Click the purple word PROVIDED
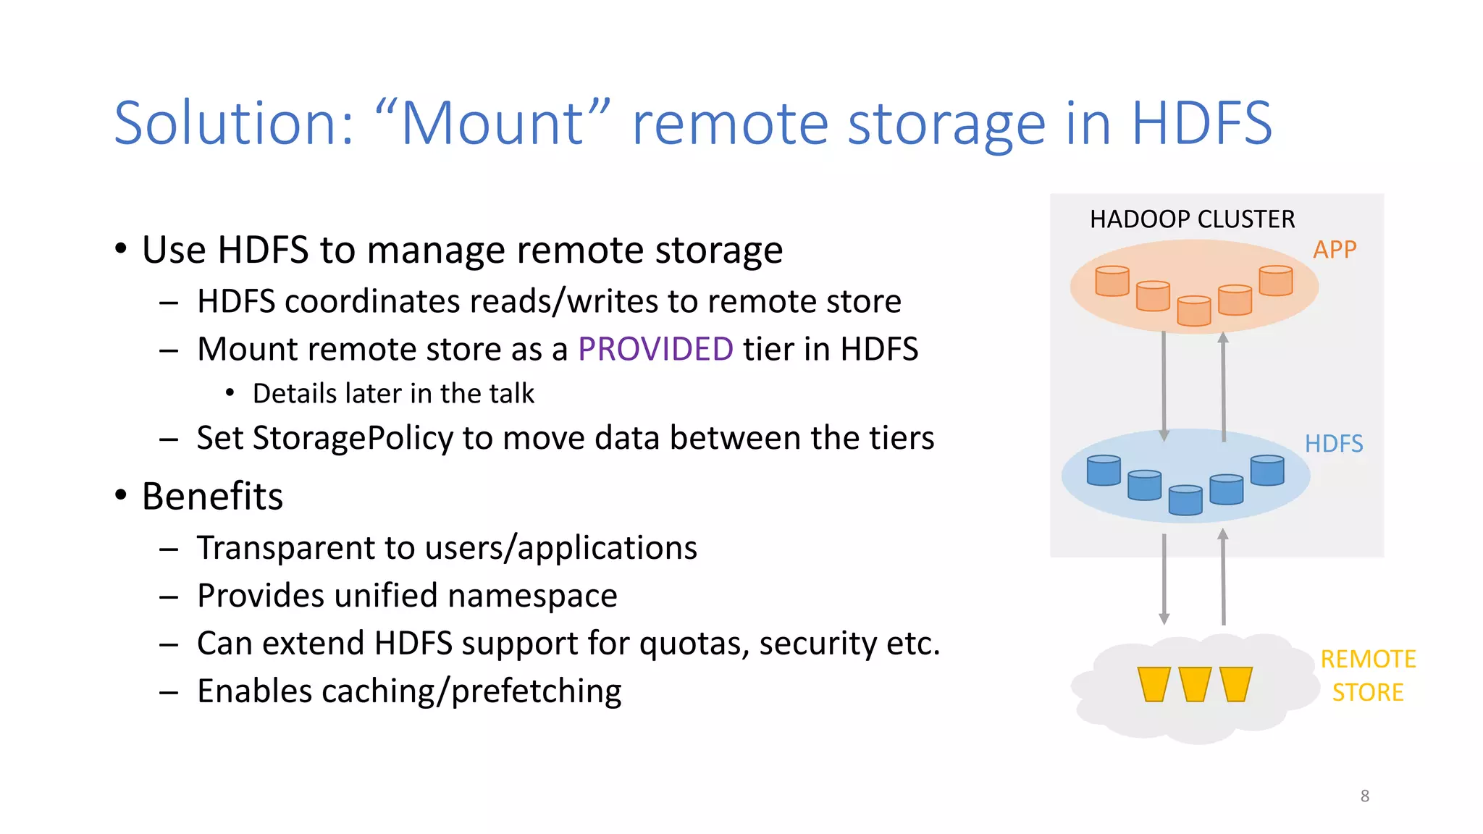pos(655,350)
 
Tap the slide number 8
pos(1364,796)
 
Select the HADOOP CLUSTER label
pos(1192,219)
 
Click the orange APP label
pos(1334,250)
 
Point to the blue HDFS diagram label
pos(1333,444)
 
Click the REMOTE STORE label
pos(1367,675)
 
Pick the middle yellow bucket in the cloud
pos(1195,684)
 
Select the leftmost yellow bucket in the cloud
pos(1154,684)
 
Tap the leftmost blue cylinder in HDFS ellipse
pos(1104,471)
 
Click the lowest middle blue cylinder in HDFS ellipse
pos(1185,500)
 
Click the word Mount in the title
pos(492,123)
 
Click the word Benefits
pos(212,497)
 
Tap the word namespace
pos(532,596)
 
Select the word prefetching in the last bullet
pos(536,691)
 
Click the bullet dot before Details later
pos(230,393)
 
